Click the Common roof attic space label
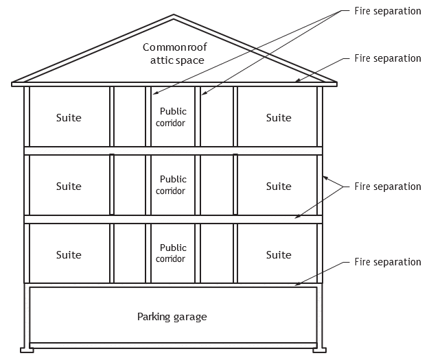(x=175, y=53)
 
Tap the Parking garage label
(x=172, y=317)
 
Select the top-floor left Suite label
(x=69, y=118)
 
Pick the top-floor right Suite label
(x=279, y=118)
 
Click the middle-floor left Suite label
(x=69, y=187)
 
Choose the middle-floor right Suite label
(x=279, y=187)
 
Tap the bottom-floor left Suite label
(x=69, y=255)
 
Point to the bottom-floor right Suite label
(x=279, y=255)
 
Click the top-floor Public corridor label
(x=171, y=117)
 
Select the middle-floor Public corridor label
(x=171, y=185)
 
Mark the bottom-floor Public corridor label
(x=171, y=253)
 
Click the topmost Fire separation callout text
(x=388, y=11)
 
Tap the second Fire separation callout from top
(x=388, y=58)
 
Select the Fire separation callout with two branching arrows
(x=388, y=187)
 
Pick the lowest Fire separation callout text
(x=388, y=262)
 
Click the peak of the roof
(x=174, y=15)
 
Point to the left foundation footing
(x=27, y=350)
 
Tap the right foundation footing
(x=319, y=350)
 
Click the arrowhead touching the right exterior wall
(x=325, y=178)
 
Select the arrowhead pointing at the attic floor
(x=298, y=80)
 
